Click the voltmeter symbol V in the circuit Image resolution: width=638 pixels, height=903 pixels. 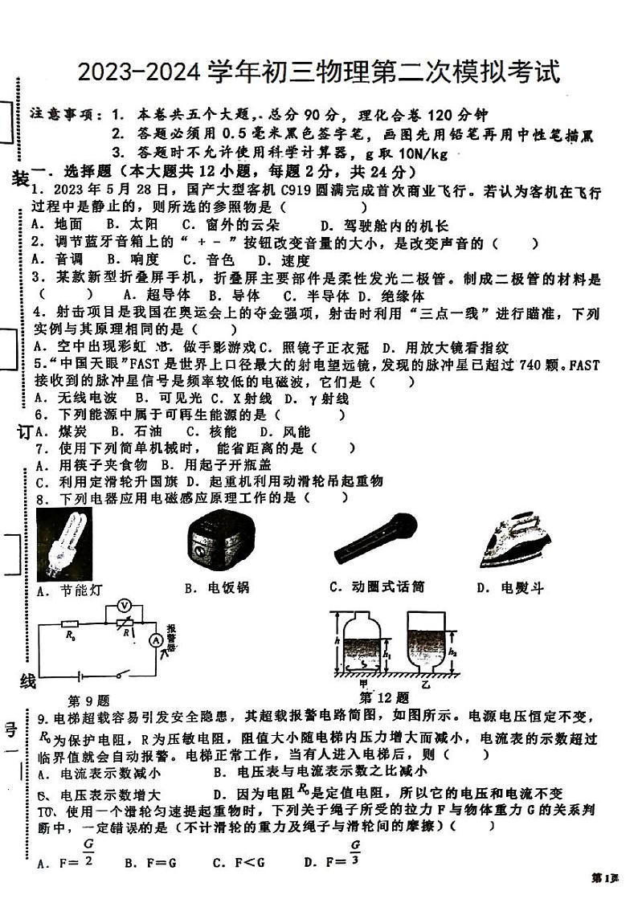coord(123,604)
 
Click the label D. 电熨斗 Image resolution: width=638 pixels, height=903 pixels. coord(509,588)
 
